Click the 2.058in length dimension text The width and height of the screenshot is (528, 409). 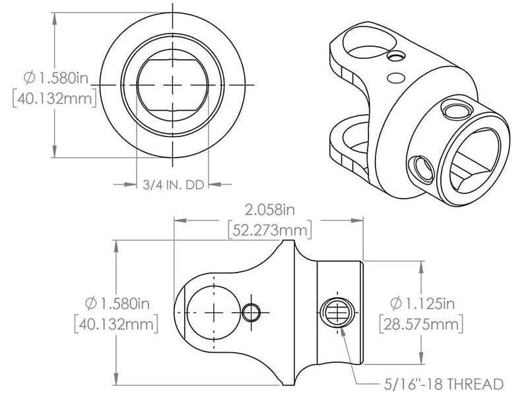coord(269,210)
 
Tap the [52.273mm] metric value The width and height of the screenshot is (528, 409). coord(269,230)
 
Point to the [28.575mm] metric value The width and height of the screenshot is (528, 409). coord(420,325)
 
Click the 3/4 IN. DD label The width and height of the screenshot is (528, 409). coord(172,185)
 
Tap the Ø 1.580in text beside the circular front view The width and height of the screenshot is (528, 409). coord(55,79)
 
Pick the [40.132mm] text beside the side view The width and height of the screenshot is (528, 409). coord(116,325)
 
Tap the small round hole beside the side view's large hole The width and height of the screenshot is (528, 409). coord(251,311)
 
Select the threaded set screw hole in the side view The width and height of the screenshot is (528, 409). coord(336,311)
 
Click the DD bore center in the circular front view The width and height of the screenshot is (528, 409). coord(173,84)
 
